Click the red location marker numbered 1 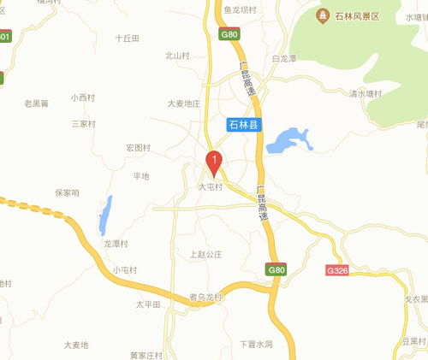(x=214, y=161)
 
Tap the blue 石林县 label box (x=248, y=125)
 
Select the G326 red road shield (x=337, y=269)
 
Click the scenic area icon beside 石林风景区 (x=323, y=15)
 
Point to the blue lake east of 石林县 (x=288, y=140)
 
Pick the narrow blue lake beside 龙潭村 (x=104, y=216)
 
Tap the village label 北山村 (x=177, y=56)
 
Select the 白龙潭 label (x=283, y=59)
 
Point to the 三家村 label (x=84, y=124)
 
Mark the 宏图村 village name (x=138, y=148)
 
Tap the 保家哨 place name (x=67, y=192)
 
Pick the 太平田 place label (x=149, y=304)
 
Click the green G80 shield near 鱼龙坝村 (x=229, y=35)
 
